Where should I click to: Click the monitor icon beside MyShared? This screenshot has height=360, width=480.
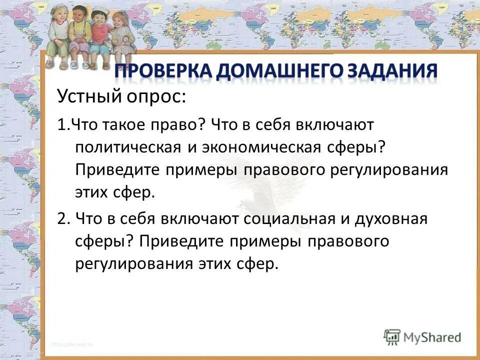[x=392, y=336]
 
